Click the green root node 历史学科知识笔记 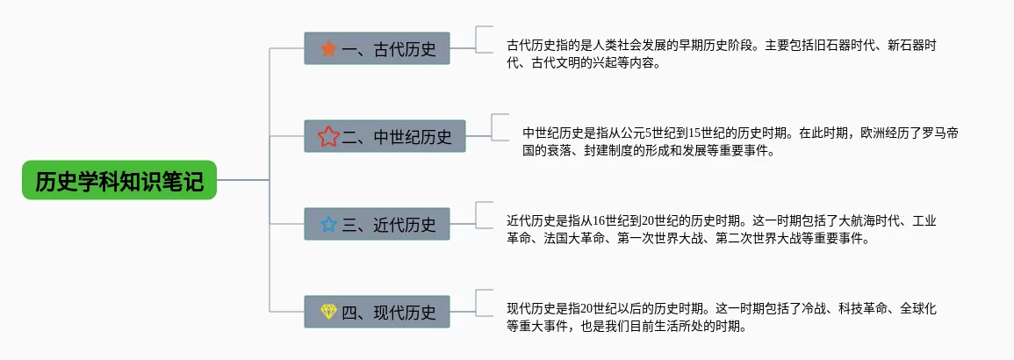coord(119,181)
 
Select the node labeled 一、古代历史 coord(377,48)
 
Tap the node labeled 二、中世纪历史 coord(391,136)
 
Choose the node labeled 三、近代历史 coord(377,224)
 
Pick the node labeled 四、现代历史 coord(377,312)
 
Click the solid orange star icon coord(328,48)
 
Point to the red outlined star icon coord(328,136)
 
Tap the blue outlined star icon coord(328,224)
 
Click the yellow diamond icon coord(328,312)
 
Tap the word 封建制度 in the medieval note coord(606,150)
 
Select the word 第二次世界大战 coord(757,238)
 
